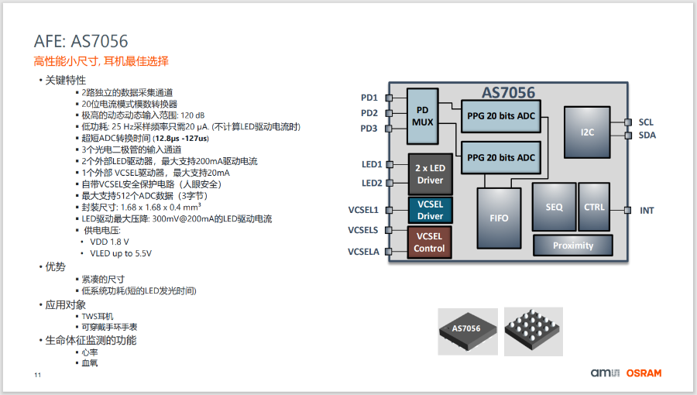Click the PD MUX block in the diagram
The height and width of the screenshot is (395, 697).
point(423,115)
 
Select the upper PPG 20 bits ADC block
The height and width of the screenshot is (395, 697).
point(501,115)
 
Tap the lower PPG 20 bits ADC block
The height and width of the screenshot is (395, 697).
point(501,157)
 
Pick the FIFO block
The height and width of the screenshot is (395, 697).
point(500,218)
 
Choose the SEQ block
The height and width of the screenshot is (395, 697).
point(554,207)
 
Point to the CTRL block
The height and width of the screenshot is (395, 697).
point(595,207)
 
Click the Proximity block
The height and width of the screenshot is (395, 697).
point(573,246)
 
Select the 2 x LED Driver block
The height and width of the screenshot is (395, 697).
point(431,174)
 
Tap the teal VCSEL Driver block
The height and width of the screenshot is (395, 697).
point(431,210)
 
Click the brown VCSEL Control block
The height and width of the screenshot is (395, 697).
point(430,242)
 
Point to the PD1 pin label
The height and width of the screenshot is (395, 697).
point(369,98)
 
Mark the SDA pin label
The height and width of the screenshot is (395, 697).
point(647,136)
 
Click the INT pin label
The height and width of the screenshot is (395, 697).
point(647,210)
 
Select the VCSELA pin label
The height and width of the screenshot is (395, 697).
point(363,252)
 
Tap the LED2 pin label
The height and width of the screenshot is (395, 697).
point(372,184)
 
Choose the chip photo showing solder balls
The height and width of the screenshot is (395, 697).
point(534,331)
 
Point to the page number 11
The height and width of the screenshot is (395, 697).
point(37,376)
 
